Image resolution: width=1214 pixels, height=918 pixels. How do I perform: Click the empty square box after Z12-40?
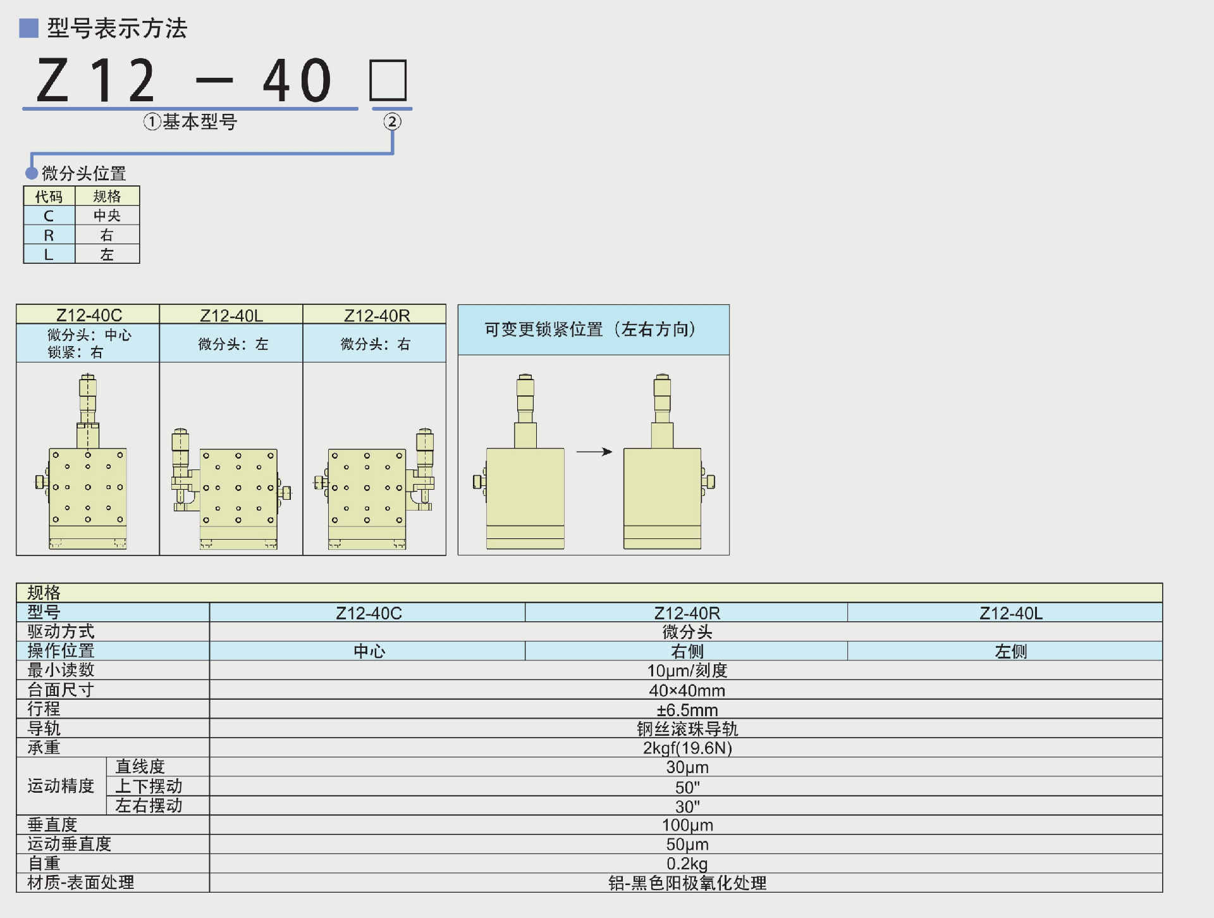point(388,80)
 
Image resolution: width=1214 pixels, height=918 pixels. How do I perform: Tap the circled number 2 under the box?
point(392,121)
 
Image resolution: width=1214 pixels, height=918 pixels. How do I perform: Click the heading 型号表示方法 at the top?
point(117,28)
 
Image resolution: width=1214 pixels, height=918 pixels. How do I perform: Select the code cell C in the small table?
point(49,216)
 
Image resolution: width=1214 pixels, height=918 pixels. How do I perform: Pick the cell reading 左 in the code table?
point(107,254)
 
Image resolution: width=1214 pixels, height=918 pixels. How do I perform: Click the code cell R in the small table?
point(49,235)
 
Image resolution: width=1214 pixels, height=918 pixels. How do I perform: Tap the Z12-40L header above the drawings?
point(231,315)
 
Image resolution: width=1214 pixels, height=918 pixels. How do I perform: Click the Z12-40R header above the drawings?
point(377,315)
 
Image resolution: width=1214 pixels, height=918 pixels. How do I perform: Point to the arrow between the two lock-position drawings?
point(594,452)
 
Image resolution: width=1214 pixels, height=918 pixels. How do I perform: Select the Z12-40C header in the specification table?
point(369,613)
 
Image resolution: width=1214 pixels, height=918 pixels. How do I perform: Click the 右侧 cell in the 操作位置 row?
point(687,651)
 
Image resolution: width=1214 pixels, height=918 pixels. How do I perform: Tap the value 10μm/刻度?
point(687,671)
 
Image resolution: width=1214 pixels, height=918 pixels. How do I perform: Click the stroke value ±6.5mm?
point(687,710)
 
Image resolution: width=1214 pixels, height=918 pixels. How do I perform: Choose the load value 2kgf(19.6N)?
point(687,748)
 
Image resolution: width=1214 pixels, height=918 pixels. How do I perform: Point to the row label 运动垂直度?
point(70,844)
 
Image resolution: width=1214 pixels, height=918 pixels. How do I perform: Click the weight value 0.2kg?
point(687,864)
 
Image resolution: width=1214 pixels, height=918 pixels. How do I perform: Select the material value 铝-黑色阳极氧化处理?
point(687,883)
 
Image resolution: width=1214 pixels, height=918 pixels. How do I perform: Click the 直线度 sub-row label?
point(140,767)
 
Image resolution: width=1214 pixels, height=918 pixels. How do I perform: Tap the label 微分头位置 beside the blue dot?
point(84,173)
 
